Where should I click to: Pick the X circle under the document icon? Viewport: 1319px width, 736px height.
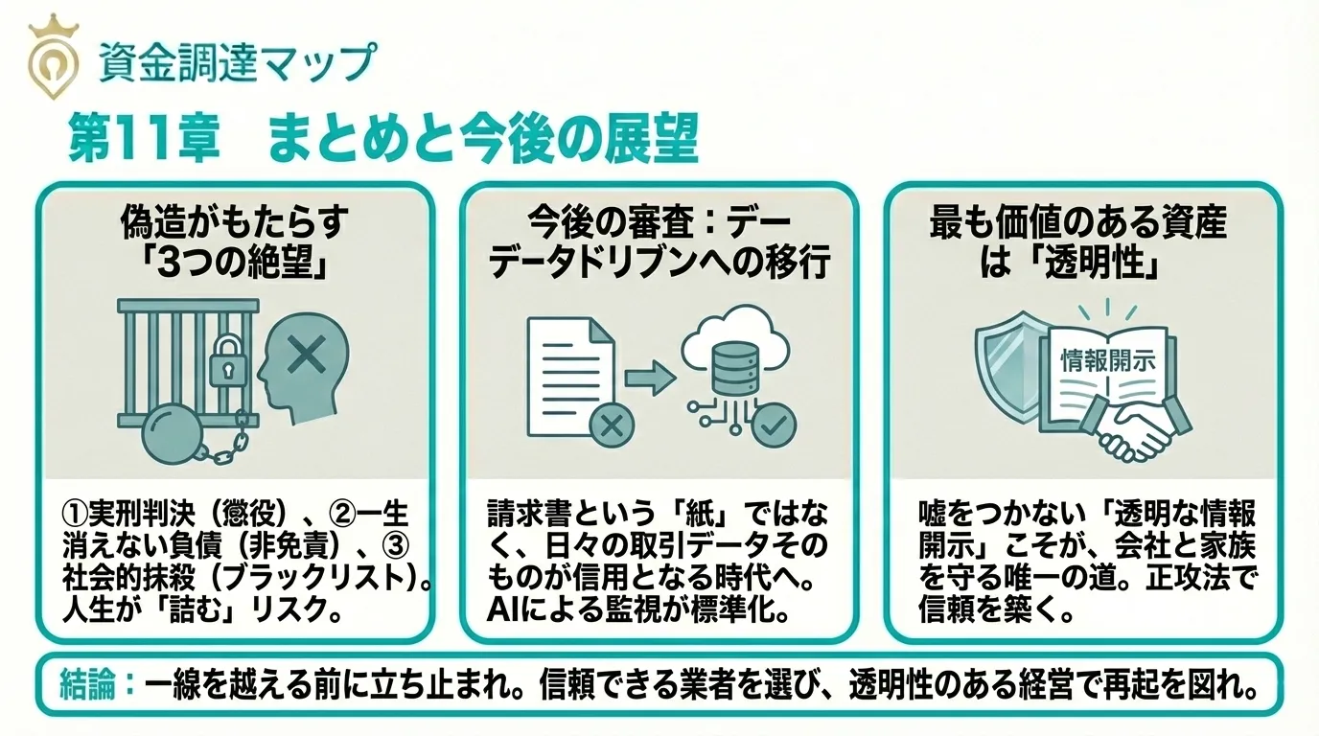point(606,423)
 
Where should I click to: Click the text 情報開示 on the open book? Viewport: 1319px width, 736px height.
point(1108,360)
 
